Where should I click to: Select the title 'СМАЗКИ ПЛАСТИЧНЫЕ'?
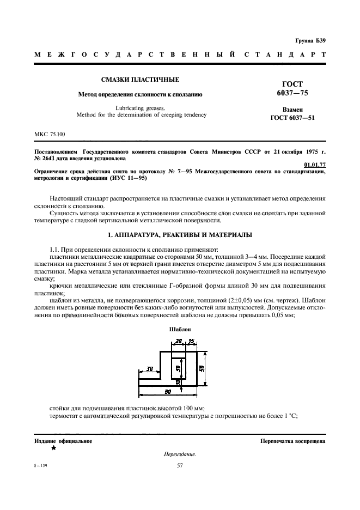coord(141,80)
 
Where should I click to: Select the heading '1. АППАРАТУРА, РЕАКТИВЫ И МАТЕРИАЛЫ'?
coord(180,235)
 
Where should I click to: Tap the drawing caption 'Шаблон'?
coord(179,330)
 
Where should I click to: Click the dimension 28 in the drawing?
coord(179,342)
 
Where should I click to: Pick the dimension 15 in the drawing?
coord(191,342)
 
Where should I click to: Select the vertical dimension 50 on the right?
coord(202,368)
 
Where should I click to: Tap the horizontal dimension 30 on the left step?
coord(149,369)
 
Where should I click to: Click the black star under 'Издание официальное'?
coord(53,448)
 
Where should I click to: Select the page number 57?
coord(180,465)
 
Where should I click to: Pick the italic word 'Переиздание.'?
coord(180,454)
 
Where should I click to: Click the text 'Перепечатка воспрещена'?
coord(293,441)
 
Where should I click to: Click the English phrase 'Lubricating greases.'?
coord(141,108)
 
